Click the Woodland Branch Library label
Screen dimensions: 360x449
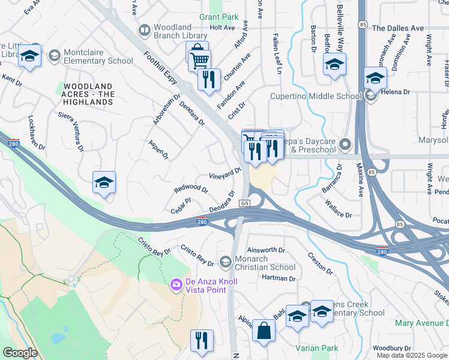click(x=172, y=31)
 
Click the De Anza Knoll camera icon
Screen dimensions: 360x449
click(x=176, y=284)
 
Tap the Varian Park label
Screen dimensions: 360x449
click(x=316, y=348)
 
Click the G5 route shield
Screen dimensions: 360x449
click(x=244, y=204)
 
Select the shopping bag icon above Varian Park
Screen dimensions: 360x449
click(x=264, y=331)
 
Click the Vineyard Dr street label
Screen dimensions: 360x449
click(x=224, y=173)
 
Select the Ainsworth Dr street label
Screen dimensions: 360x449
click(x=266, y=250)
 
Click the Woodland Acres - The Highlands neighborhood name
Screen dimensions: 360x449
click(x=89, y=94)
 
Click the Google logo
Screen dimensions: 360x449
click(x=20, y=353)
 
